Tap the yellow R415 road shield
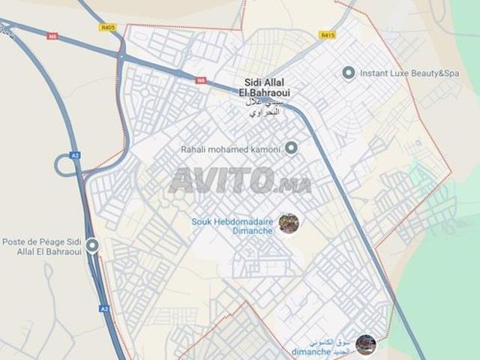click(x=327, y=34)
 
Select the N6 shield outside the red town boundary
click(x=52, y=36)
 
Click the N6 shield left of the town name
click(x=201, y=79)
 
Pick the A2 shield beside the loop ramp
click(x=75, y=155)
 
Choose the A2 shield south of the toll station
click(x=104, y=308)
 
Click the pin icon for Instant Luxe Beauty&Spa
click(x=348, y=73)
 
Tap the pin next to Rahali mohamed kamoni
click(x=292, y=148)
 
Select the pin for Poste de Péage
click(x=92, y=245)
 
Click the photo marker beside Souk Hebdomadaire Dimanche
click(x=289, y=223)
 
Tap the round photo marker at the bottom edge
click(x=366, y=344)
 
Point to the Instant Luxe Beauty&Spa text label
click(x=409, y=73)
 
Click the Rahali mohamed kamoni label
click(x=230, y=149)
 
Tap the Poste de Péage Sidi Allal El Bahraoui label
click(x=40, y=247)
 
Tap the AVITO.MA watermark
click(x=240, y=181)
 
